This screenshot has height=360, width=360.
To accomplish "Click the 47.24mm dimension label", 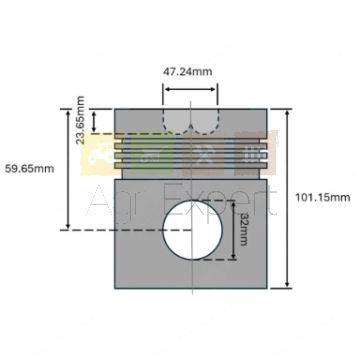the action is [187, 71].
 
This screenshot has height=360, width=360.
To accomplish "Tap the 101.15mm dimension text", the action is [323, 197].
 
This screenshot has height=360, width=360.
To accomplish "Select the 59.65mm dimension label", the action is [29, 168].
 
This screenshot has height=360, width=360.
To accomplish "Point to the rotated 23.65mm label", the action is [81, 120].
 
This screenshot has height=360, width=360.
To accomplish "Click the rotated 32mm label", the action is [244, 230].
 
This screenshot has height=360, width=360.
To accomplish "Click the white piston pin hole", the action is [192, 230].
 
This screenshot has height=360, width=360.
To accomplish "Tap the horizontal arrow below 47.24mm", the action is [190, 89].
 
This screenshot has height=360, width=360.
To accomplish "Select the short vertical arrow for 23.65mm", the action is [94, 122].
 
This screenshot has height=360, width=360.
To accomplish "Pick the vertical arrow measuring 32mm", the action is [234, 230].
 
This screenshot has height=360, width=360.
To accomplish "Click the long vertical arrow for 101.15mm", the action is [287, 199].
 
